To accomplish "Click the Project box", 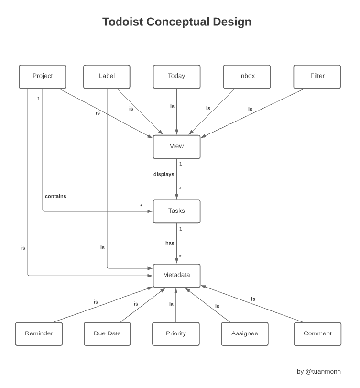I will (x=43, y=77).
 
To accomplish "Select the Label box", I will (x=107, y=77).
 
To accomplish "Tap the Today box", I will (x=176, y=77).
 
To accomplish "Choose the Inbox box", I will (x=247, y=77).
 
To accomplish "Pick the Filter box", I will (x=317, y=77).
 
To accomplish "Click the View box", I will (x=176, y=147).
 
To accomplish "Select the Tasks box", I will (x=176, y=211).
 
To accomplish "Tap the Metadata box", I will (x=176, y=276).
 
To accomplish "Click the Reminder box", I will (x=39, y=334).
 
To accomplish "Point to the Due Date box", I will (x=107, y=334).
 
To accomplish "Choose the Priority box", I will (x=176, y=334).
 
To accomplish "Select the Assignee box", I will (x=244, y=334).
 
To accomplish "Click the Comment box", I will (x=317, y=334).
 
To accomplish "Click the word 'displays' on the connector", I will (x=164, y=175).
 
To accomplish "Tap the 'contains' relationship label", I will (x=55, y=197).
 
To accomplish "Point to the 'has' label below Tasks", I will (x=170, y=244).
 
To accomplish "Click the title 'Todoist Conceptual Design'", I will (x=176, y=22).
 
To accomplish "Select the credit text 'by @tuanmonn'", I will (x=318, y=372).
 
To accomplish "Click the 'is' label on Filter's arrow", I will (x=250, y=110).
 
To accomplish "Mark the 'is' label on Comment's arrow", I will (x=253, y=299).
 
